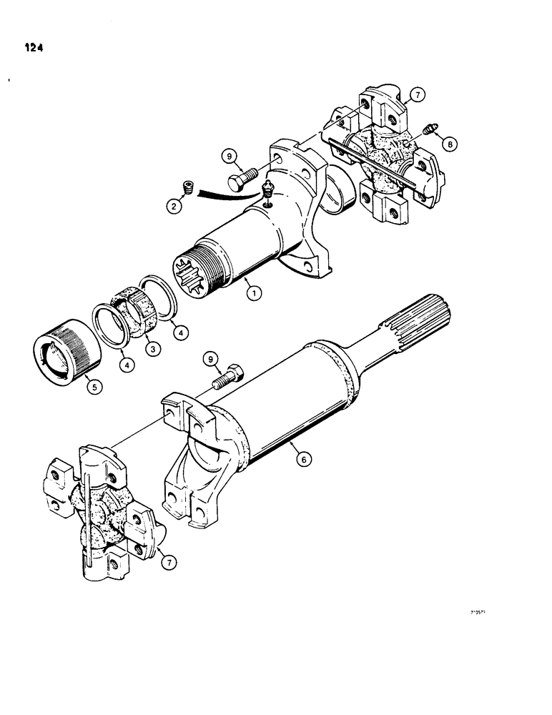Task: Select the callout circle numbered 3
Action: click(x=150, y=350)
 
